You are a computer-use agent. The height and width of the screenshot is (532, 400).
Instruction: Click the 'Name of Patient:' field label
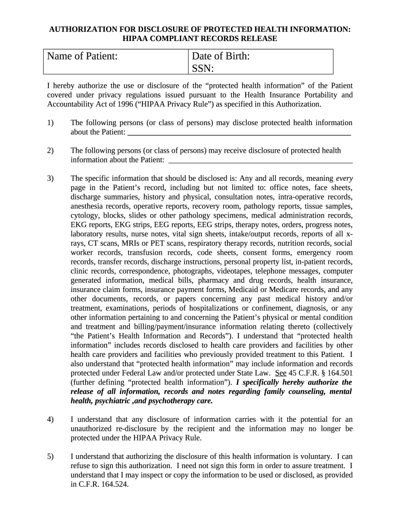82,56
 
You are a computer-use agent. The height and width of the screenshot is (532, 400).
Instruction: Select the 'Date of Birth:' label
221,56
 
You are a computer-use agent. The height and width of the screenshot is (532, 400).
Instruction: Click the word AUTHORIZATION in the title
83,30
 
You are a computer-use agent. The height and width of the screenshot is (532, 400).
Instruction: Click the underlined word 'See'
281,373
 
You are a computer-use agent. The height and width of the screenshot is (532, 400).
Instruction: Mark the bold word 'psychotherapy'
168,401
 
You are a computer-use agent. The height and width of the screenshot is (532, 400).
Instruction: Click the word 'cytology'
85,216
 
